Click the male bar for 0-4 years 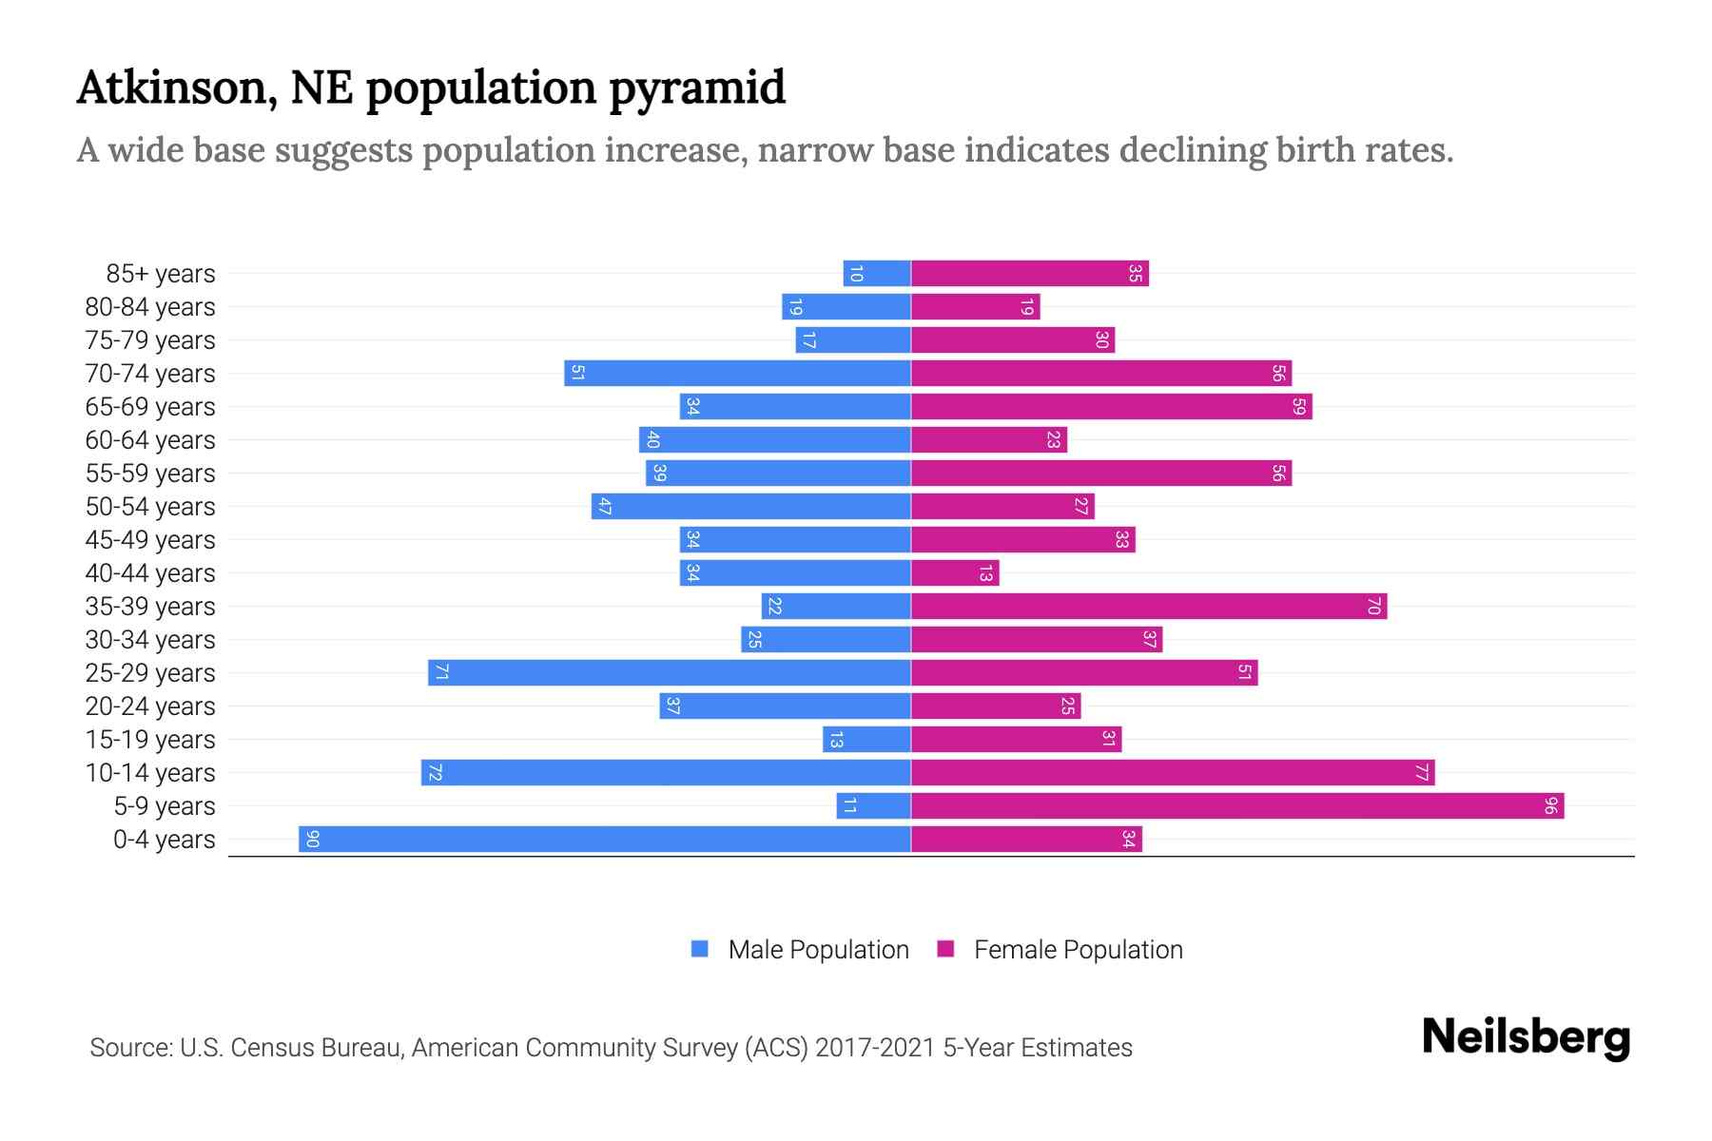(x=605, y=839)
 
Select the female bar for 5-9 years (x=1236, y=805)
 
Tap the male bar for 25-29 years (x=670, y=672)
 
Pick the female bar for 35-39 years (x=1149, y=606)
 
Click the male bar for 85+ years (x=877, y=273)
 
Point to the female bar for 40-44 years (x=955, y=572)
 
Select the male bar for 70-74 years (x=737, y=373)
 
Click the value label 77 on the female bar (x=1421, y=772)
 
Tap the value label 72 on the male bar (x=435, y=772)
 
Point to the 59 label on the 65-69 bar (x=1299, y=406)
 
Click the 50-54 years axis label (x=150, y=506)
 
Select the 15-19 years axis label (x=150, y=739)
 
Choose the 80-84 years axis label (x=150, y=306)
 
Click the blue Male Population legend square (x=700, y=949)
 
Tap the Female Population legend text (x=1078, y=949)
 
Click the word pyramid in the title (x=697, y=87)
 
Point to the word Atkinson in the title (x=177, y=87)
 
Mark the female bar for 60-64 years (x=989, y=439)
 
